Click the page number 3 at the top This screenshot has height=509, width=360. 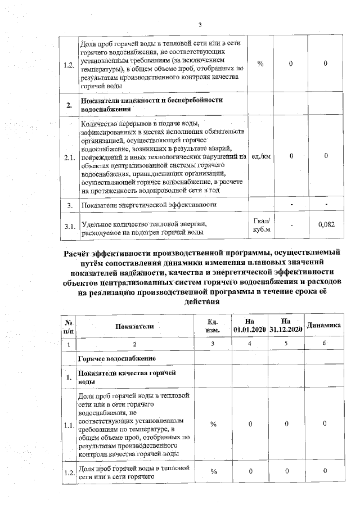(200, 24)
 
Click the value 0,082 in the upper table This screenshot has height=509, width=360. (326, 225)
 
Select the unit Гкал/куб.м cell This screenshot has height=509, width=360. (261, 225)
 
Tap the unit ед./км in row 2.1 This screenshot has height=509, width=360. (261, 157)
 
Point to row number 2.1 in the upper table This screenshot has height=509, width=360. (69, 157)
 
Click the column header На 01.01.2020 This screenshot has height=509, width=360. (250, 325)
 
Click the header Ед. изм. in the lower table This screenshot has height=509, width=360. (213, 325)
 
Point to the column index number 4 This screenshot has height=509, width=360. (250, 343)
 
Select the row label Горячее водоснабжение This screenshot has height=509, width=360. (117, 358)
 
